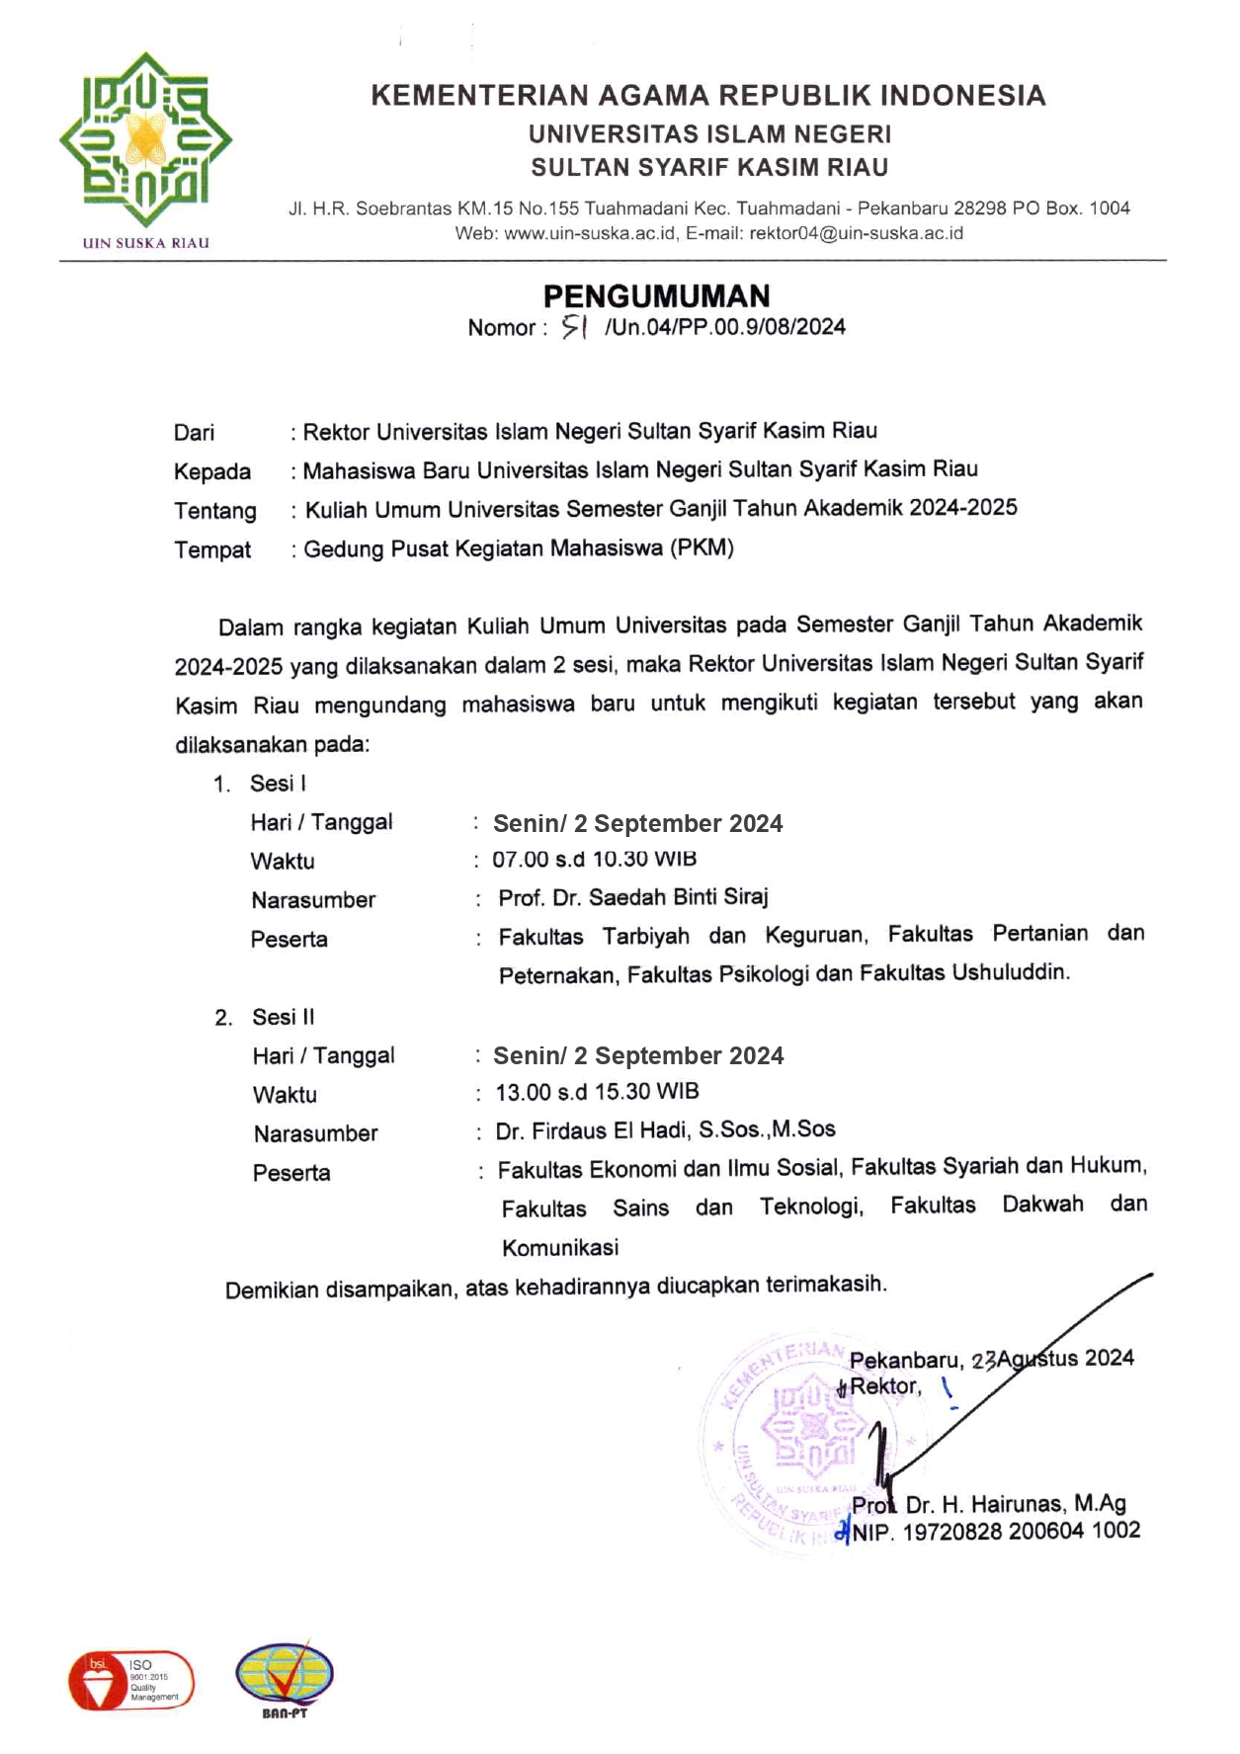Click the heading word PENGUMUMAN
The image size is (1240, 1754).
(656, 295)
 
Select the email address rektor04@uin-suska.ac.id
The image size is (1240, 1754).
(856, 233)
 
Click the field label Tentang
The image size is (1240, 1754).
(214, 511)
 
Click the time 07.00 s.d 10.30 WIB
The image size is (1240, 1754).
(594, 859)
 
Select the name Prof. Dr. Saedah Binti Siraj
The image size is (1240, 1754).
(632, 897)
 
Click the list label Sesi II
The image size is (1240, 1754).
(283, 1017)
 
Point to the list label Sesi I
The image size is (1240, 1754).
(278, 784)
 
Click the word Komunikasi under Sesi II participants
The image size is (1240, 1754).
(560, 1247)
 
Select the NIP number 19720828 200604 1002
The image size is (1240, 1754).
(1021, 1531)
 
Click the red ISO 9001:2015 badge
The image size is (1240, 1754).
(131, 1680)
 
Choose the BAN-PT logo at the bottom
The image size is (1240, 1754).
(285, 1679)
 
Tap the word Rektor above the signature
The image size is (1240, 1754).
(884, 1386)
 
